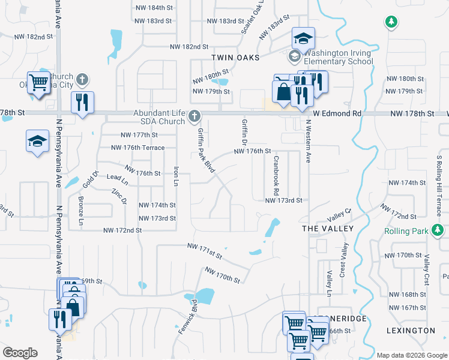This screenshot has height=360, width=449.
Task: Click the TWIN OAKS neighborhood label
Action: click(235, 58)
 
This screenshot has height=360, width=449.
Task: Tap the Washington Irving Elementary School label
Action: click(337, 57)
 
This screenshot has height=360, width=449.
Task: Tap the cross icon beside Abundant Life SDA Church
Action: click(194, 115)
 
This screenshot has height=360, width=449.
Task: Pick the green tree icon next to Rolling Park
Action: click(438, 230)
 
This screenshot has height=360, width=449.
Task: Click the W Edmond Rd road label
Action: click(337, 113)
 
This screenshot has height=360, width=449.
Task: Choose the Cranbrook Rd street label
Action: click(276, 176)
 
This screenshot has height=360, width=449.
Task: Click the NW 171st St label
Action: click(205, 250)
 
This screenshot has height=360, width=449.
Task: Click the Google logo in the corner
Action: click(20, 353)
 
